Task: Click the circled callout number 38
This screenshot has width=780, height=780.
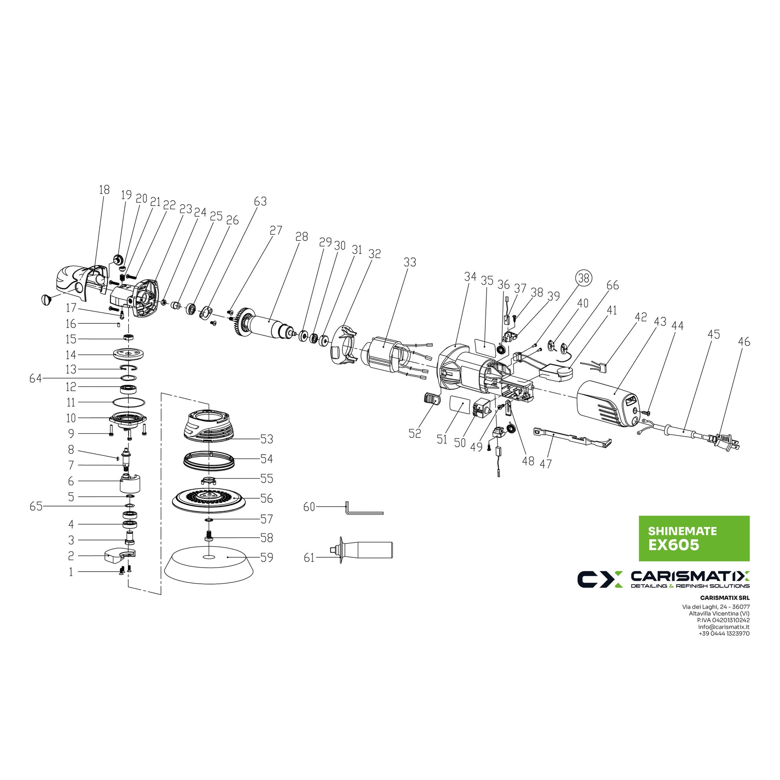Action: click(x=584, y=277)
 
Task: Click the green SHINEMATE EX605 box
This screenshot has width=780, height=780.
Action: click(x=694, y=538)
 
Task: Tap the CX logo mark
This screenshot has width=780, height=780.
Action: click(x=600, y=579)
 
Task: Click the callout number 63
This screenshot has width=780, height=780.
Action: click(x=260, y=201)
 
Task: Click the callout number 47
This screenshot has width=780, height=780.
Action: click(x=546, y=464)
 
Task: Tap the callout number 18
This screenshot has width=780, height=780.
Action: click(x=104, y=190)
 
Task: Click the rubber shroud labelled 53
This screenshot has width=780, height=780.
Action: click(x=209, y=427)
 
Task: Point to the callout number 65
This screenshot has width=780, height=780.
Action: click(x=36, y=506)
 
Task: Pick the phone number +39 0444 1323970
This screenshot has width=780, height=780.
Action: click(x=724, y=634)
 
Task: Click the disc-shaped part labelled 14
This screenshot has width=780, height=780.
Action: click(x=129, y=354)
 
